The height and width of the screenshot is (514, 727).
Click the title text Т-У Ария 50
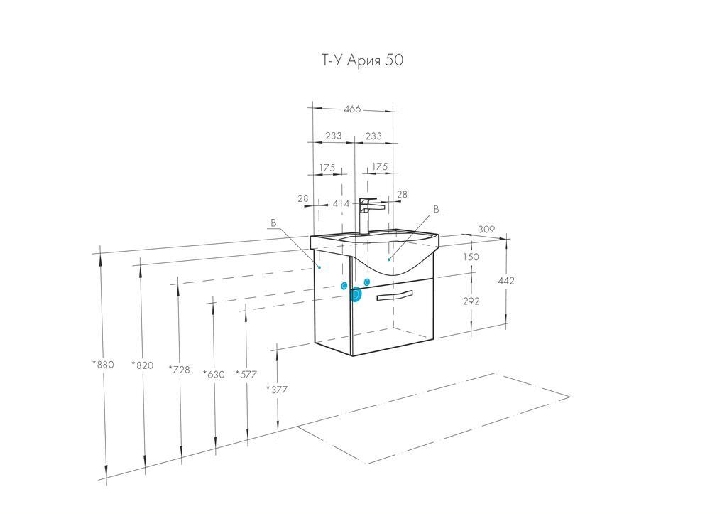(362, 60)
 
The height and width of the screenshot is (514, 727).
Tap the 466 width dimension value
(352, 109)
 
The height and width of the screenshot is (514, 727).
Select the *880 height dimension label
(103, 365)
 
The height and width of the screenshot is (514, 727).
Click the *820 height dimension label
(142, 365)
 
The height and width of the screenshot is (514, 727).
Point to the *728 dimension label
(180, 370)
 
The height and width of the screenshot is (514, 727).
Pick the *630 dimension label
(214, 374)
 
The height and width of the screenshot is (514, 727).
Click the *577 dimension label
(246, 374)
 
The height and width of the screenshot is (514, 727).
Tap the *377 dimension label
(277, 390)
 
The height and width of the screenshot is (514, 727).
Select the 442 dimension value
(506, 280)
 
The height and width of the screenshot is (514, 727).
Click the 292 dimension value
(471, 301)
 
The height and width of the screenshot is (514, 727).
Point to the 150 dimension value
(471, 257)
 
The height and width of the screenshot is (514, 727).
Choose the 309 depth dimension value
(486, 230)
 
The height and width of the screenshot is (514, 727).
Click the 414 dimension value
(341, 204)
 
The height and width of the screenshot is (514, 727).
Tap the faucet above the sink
(368, 216)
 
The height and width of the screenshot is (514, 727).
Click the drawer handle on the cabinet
(394, 296)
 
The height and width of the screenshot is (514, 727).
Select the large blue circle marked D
(356, 294)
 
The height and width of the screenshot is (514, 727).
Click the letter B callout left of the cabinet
(273, 223)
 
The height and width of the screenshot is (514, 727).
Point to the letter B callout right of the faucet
(436, 210)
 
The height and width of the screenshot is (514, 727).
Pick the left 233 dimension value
(334, 136)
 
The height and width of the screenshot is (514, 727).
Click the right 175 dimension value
(380, 166)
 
